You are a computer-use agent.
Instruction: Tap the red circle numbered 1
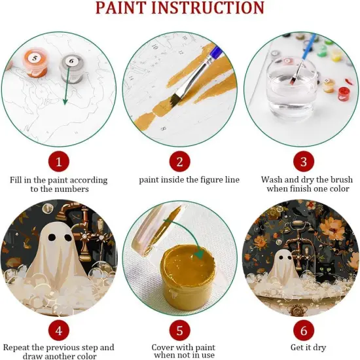58,161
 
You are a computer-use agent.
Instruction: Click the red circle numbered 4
58,328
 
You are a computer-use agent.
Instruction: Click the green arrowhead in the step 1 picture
64,103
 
